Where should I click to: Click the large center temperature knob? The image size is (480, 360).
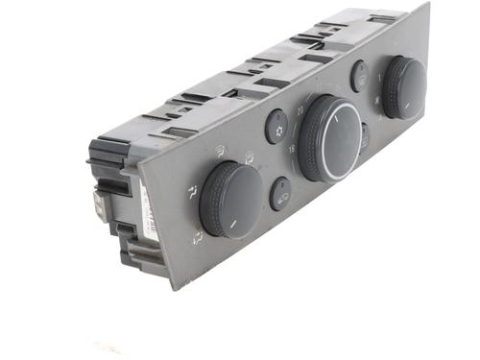pyautogui.click(x=330, y=136)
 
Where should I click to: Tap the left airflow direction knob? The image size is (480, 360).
pyautogui.click(x=230, y=198)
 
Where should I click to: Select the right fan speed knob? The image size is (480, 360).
pyautogui.click(x=404, y=86)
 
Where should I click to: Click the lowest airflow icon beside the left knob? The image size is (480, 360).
pyautogui.click(x=197, y=235)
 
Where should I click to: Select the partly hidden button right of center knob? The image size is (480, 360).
pyautogui.click(x=365, y=136)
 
